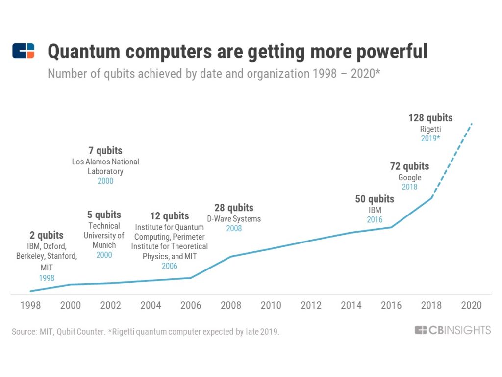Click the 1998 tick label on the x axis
[x=30, y=305]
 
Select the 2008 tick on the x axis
[x=231, y=305]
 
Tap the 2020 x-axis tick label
[x=471, y=305]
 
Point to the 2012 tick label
[x=311, y=305]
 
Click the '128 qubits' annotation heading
[x=430, y=118]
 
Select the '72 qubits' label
[x=409, y=166]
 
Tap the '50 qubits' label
[x=375, y=199]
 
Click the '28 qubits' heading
[x=234, y=208]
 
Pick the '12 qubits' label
[x=169, y=216]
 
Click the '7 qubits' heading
[x=105, y=150]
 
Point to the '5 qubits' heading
[x=104, y=215]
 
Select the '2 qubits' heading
[x=47, y=235]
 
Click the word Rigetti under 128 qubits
[x=430, y=129]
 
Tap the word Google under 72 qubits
[x=409, y=177]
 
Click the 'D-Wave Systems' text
[x=234, y=219]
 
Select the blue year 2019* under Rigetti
[x=430, y=138]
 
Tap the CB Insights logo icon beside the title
[x=24, y=51]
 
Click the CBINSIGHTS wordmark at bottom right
[x=452, y=330]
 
